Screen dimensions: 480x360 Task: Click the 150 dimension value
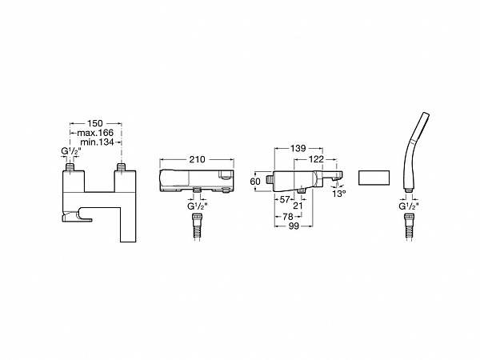[95, 123]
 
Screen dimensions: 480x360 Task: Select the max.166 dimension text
[95, 133]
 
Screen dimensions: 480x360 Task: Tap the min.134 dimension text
[97, 142]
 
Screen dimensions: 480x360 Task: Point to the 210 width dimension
[197, 159]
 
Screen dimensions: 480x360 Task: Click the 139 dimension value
[298, 148]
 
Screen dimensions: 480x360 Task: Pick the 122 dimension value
[316, 159]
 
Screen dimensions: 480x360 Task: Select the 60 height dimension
[255, 182]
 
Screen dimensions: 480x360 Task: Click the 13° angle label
[339, 194]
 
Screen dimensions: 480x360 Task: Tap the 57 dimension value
[285, 199]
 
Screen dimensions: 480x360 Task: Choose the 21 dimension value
[298, 206]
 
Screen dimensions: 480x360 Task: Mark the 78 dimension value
[288, 217]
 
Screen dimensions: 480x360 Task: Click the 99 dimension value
[294, 226]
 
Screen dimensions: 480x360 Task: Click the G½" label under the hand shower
[409, 206]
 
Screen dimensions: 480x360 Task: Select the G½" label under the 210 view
[198, 206]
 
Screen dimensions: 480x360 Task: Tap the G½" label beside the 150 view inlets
[72, 151]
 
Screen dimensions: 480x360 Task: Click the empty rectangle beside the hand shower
[374, 178]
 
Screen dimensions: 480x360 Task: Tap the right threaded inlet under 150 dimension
[122, 167]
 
